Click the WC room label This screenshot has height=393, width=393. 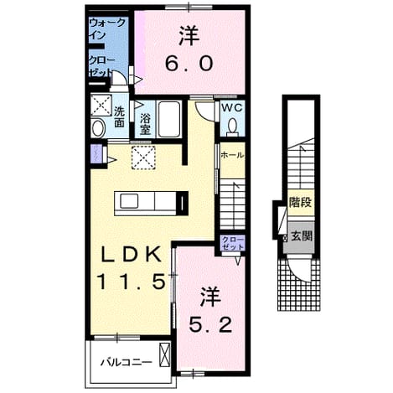point(231,108)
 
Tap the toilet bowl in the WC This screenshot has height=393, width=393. point(231,127)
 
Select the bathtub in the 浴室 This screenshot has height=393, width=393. point(168,119)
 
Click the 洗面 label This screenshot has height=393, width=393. point(119,117)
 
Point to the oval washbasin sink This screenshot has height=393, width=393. point(98,128)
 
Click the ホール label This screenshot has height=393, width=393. point(232,155)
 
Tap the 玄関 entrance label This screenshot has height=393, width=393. point(302,236)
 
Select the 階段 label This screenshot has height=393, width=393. point(301,202)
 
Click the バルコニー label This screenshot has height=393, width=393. point(127,363)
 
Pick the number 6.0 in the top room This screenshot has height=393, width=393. point(189,64)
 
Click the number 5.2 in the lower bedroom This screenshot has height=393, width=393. point(210,325)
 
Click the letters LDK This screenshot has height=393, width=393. point(132,254)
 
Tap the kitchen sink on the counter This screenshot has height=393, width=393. point(129,201)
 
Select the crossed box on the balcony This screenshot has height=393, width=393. point(164,354)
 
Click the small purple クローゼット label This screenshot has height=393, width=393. point(233,243)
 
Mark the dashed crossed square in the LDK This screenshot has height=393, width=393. point(143,158)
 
